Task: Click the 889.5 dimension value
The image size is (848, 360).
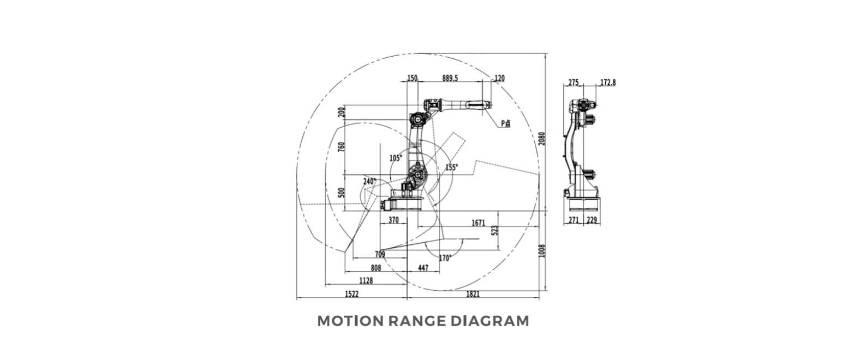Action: [450, 79]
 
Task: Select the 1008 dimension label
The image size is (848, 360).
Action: [541, 252]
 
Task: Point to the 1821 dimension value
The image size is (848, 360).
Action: [473, 295]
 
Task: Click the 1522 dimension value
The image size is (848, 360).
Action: [351, 295]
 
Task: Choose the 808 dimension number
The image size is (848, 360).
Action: [375, 268]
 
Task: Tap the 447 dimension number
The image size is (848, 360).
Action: [424, 268]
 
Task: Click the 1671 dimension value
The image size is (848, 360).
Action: [479, 223]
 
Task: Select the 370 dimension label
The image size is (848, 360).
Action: [393, 220]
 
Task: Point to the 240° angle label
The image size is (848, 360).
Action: [369, 182]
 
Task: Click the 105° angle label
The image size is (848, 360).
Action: [396, 158]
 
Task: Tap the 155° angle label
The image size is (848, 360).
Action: [451, 167]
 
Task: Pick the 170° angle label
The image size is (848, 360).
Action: [445, 258]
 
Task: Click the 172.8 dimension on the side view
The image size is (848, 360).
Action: [607, 83]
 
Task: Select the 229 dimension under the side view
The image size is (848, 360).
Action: [592, 220]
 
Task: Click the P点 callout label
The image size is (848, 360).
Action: [506, 123]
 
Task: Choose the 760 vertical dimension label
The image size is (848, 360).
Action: [342, 148]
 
